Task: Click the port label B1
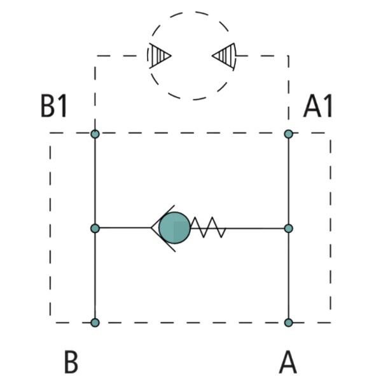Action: [x=53, y=105]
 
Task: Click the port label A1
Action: [x=317, y=105]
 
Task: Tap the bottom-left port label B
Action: [x=71, y=361]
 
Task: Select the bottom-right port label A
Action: [x=287, y=361]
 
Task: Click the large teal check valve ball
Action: [x=174, y=228]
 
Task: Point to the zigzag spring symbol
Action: [x=208, y=227]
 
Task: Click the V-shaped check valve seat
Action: [x=162, y=228]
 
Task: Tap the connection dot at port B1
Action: [x=95, y=134]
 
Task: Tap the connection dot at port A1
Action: [x=289, y=134]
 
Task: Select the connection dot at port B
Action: [x=95, y=323]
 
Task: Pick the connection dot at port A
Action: [x=289, y=323]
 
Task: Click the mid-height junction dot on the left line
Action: [x=95, y=229]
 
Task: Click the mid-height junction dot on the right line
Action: [x=289, y=229]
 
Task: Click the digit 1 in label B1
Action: [x=64, y=105]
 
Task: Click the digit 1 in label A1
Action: [x=329, y=105]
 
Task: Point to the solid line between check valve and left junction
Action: [x=125, y=228]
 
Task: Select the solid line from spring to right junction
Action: [x=255, y=229]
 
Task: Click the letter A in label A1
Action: [x=312, y=106]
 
